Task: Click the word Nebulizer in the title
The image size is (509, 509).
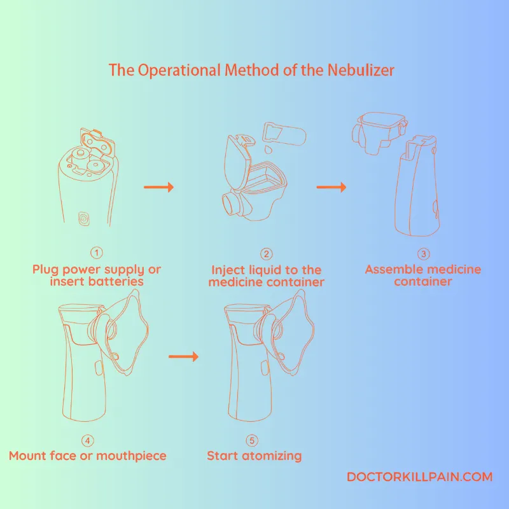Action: tap(361, 70)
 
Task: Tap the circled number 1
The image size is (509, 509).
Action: tap(97, 253)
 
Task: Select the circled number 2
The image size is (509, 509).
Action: tap(266, 254)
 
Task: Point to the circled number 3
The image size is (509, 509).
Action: tap(423, 253)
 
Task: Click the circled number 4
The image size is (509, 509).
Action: tap(88, 440)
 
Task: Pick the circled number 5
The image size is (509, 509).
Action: tap(252, 440)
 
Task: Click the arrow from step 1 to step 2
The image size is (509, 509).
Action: tap(158, 187)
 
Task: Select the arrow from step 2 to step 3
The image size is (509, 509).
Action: tap(331, 187)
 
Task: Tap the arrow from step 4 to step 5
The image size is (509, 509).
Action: tap(183, 356)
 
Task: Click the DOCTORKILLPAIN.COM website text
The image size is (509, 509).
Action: tap(420, 477)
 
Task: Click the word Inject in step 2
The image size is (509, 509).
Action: tap(227, 270)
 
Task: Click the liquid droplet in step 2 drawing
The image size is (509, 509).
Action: tap(268, 150)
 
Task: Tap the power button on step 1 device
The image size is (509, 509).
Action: tap(83, 218)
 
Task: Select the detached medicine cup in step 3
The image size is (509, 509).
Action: tap(380, 132)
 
